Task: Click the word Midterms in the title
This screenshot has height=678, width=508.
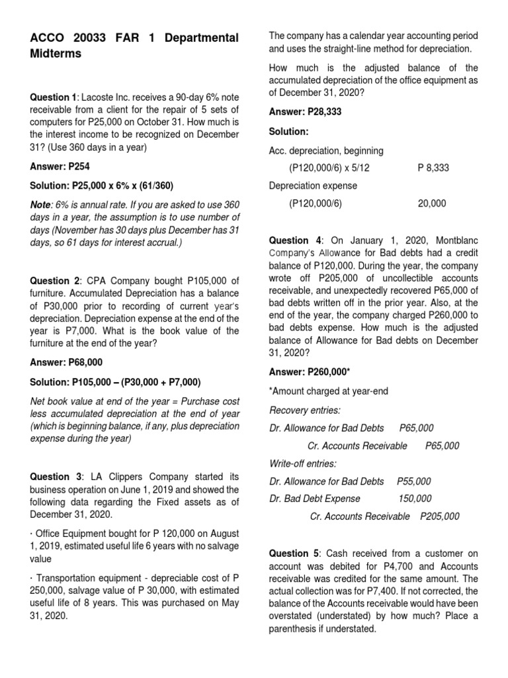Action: [x=56, y=54]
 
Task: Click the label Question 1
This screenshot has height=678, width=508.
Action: [x=54, y=97]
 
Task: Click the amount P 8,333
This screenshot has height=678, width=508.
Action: [x=433, y=168]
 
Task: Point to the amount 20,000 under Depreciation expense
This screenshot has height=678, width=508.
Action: [x=432, y=204]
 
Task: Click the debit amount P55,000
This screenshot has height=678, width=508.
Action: [x=413, y=481]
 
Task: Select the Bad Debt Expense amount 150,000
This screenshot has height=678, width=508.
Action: [x=414, y=499]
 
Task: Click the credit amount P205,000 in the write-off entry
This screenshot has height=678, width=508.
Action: [x=440, y=516]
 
